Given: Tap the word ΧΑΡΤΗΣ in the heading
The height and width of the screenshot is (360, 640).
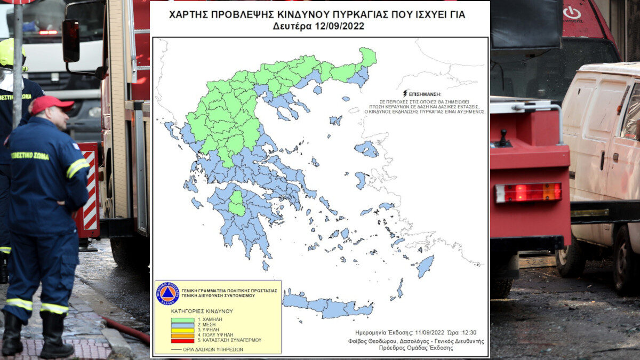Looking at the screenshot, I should (188, 14).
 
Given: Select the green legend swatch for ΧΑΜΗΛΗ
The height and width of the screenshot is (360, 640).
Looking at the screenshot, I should (182, 319).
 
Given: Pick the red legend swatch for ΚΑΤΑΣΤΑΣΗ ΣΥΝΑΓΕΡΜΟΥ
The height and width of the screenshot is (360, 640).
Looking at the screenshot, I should (182, 340).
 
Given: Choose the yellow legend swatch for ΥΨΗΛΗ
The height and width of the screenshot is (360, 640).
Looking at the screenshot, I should (182, 330).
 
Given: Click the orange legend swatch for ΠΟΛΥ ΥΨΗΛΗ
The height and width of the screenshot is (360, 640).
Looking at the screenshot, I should (182, 335).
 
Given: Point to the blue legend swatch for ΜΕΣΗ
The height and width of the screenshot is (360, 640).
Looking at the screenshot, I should (182, 324).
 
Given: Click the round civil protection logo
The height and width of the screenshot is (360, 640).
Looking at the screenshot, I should (167, 293).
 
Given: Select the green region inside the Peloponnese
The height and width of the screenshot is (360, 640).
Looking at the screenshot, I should (236, 203).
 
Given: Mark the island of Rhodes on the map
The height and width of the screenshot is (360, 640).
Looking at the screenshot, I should (425, 266).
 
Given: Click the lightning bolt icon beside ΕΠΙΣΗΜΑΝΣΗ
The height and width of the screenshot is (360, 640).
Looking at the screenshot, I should (405, 93).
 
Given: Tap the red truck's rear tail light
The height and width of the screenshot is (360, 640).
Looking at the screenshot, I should (528, 192).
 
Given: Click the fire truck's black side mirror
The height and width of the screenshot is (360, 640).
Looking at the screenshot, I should (71, 41).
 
